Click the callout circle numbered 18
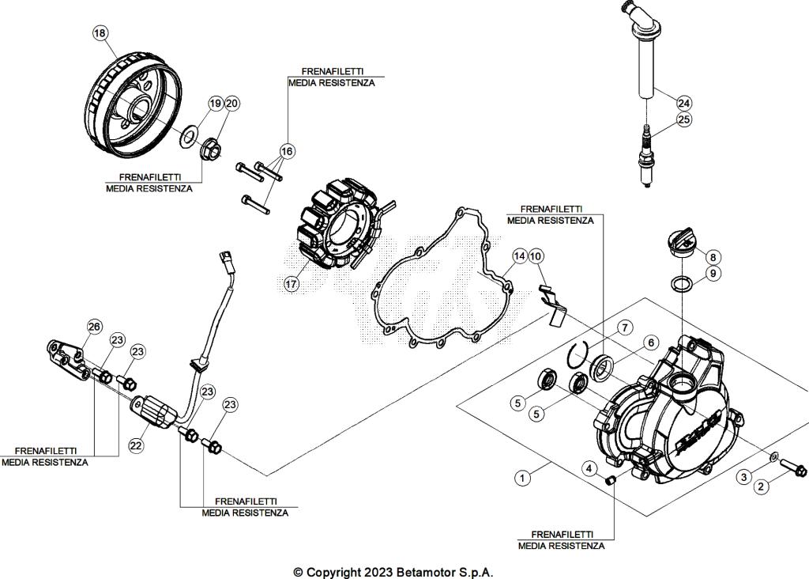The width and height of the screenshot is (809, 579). pos(100,33)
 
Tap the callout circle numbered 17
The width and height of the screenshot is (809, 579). pos(292,283)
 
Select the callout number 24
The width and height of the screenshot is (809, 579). pos(683,103)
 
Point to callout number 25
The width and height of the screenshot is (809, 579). pos(683,120)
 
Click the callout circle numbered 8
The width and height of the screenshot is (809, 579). pos(712,257)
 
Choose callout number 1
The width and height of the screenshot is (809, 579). pos(521,477)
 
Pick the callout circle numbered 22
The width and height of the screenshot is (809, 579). pos(136,445)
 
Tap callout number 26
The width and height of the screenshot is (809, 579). pos(94,327)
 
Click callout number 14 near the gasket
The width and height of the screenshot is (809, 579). pos(519,256)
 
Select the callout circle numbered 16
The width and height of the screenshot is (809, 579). pos(286,150)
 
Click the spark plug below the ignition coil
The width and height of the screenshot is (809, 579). pos(648,158)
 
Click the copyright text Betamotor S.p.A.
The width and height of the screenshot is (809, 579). pos(393,572)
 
